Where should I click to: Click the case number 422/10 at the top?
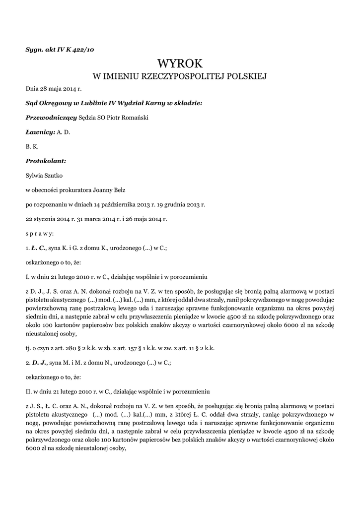click(x=84, y=49)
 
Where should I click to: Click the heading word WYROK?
click(x=180, y=63)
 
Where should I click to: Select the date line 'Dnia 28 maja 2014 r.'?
click(x=53, y=89)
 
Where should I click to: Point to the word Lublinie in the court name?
click(x=96, y=103)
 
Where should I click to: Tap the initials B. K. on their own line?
click(x=32, y=146)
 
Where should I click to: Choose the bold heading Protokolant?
click(x=46, y=161)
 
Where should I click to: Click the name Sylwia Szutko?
click(x=44, y=175)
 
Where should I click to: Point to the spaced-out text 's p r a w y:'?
click(x=40, y=233)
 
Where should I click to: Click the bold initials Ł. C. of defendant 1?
click(x=38, y=247)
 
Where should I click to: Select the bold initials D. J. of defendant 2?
click(x=39, y=363)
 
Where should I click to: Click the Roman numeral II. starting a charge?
click(x=29, y=391)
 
